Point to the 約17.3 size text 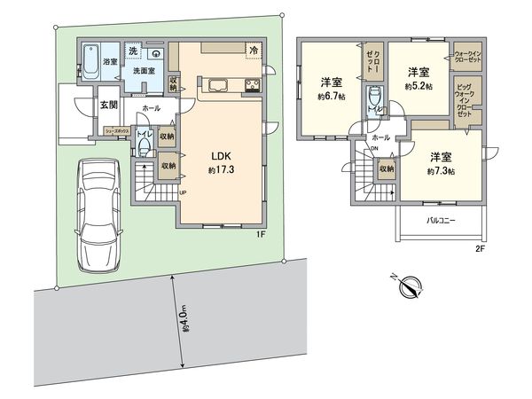(x=222, y=168)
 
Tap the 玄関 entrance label (x=107, y=105)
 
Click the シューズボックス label (x=119, y=131)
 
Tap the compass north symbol (x=411, y=286)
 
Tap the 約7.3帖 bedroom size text (x=439, y=169)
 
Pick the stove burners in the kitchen (x=251, y=86)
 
